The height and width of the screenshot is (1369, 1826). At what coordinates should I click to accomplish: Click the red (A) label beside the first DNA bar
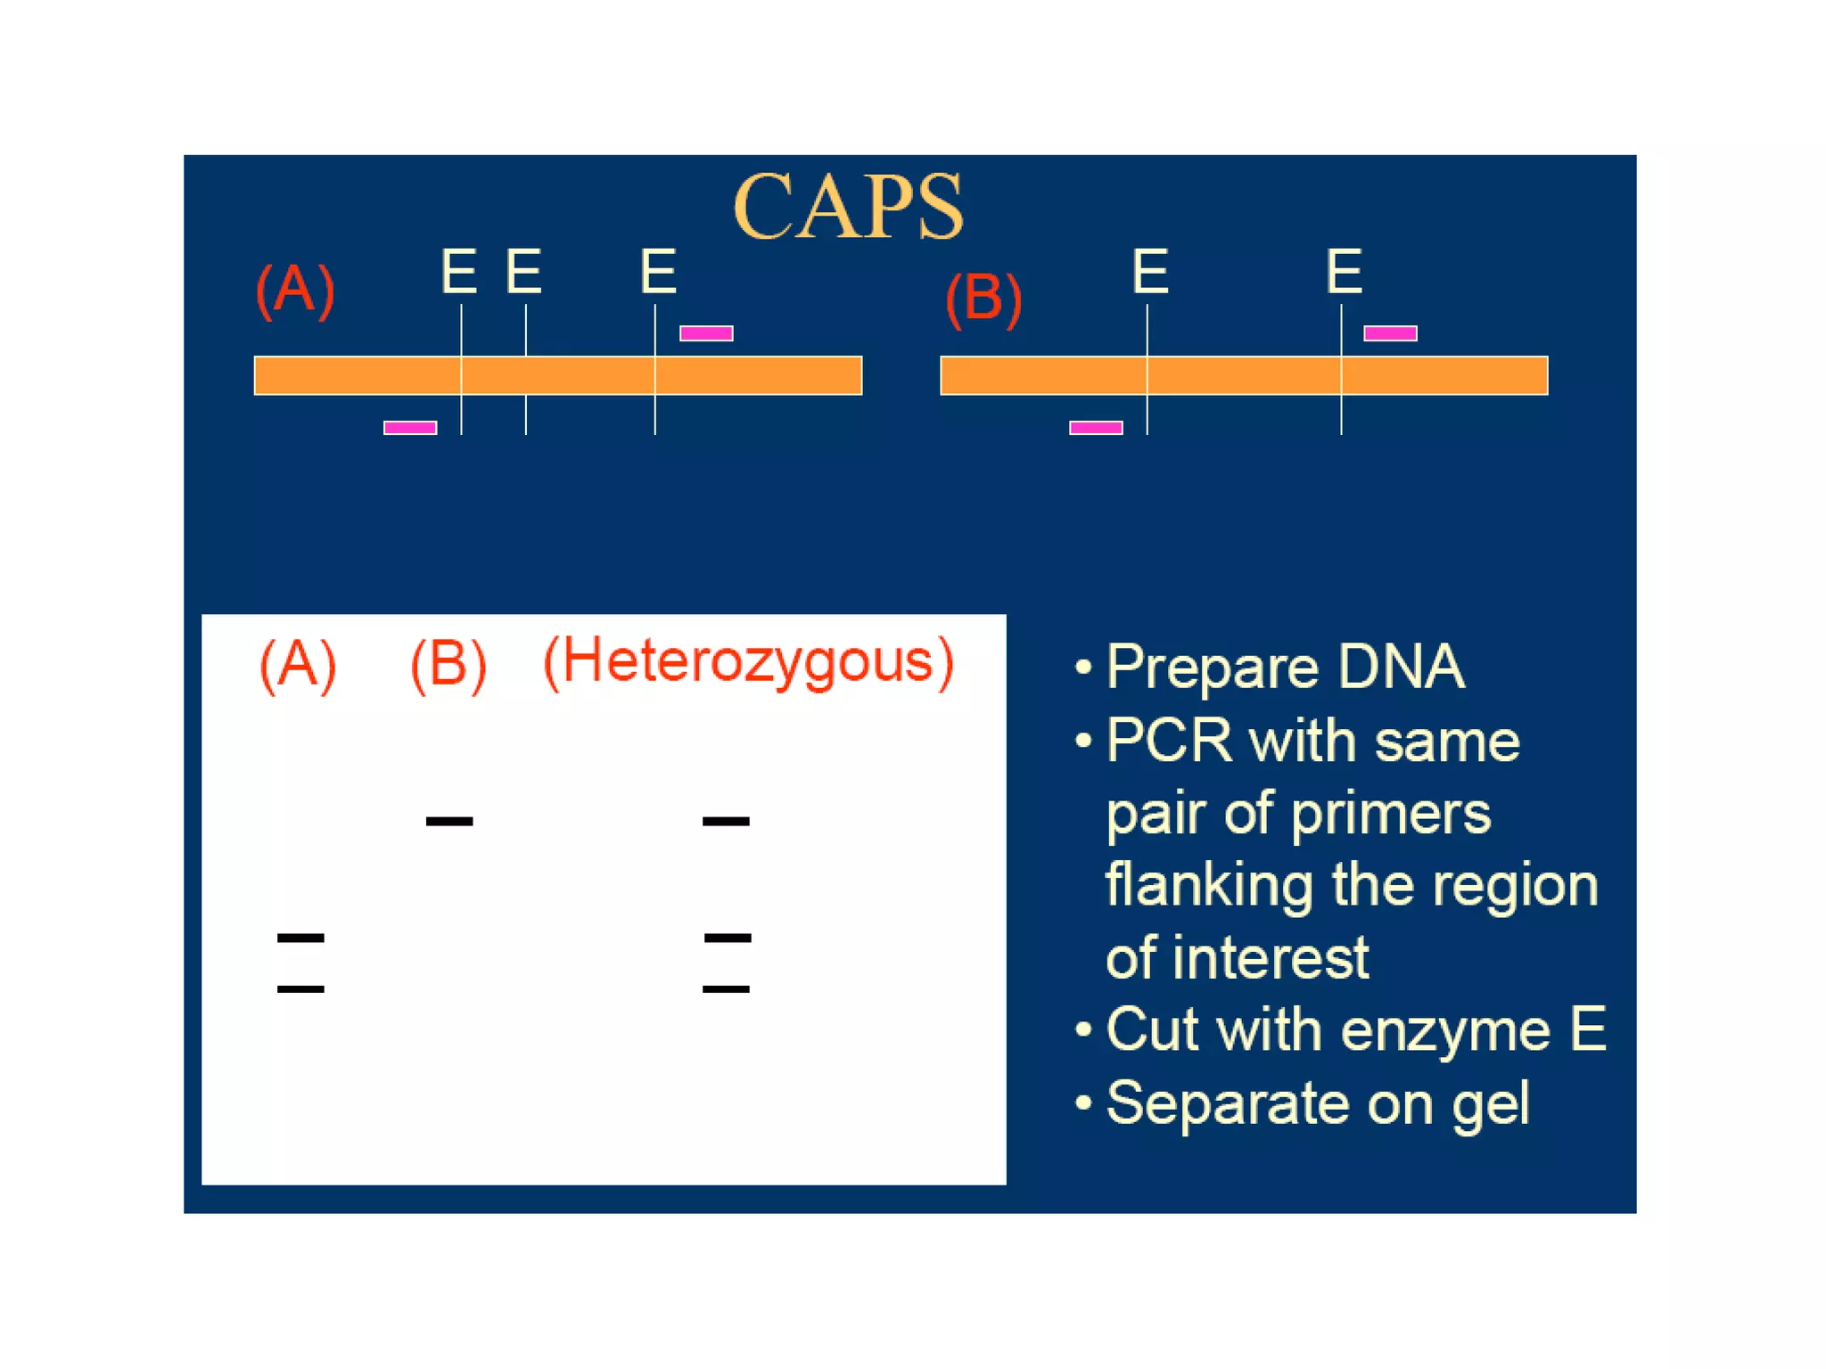pyautogui.click(x=295, y=290)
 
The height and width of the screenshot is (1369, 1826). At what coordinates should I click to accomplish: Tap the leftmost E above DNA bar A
pyautogui.click(x=459, y=271)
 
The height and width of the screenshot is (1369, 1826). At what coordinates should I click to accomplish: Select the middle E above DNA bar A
pyautogui.click(x=524, y=271)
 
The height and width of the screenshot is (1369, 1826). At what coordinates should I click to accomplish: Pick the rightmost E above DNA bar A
pyautogui.click(x=659, y=271)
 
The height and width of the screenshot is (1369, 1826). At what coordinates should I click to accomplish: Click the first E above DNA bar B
pyautogui.click(x=1150, y=271)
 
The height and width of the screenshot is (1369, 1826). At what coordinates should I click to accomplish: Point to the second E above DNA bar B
pyautogui.click(x=1345, y=271)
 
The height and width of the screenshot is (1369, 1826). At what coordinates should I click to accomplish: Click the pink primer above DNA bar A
pyautogui.click(x=706, y=333)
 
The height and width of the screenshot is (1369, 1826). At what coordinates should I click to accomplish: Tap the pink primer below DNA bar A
pyautogui.click(x=410, y=428)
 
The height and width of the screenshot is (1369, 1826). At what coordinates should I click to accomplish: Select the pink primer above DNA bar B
pyautogui.click(x=1390, y=333)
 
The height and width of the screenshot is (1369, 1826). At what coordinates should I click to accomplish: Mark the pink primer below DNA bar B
pyautogui.click(x=1096, y=428)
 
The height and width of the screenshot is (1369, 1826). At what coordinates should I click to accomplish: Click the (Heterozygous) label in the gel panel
pyautogui.click(x=748, y=662)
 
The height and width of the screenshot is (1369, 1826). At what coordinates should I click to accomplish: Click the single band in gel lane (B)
pyautogui.click(x=449, y=821)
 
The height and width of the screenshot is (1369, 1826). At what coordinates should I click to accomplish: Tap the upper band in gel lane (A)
pyautogui.click(x=300, y=938)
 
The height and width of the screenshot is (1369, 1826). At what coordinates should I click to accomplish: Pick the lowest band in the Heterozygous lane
pyautogui.click(x=726, y=988)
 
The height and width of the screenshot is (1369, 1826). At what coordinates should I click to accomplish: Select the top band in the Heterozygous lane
pyautogui.click(x=726, y=821)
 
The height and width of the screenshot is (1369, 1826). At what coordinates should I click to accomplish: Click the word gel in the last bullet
pyautogui.click(x=1490, y=1105)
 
